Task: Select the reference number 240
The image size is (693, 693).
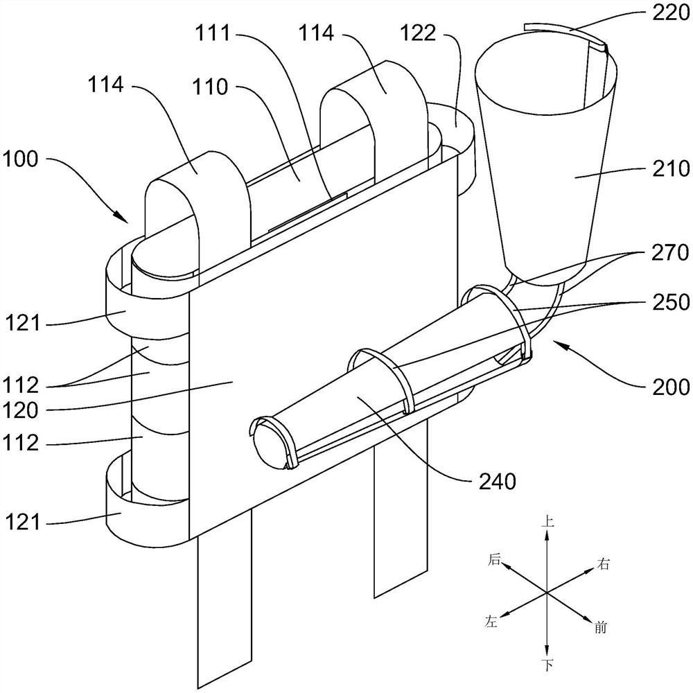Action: pyautogui.click(x=497, y=481)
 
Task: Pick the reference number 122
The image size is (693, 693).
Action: pyautogui.click(x=418, y=33)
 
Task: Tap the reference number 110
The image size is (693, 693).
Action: pyautogui.click(x=210, y=87)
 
